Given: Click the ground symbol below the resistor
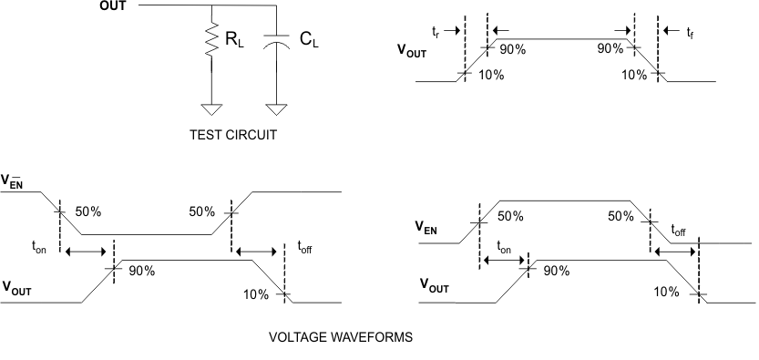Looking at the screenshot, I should point(211,110).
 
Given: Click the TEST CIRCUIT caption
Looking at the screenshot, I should point(232,134).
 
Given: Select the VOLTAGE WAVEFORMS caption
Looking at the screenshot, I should point(340,336).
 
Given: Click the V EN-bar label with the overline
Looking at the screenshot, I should point(15,180).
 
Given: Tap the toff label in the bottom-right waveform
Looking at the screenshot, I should point(680,231).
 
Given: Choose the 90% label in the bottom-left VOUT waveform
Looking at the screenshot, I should point(140,271).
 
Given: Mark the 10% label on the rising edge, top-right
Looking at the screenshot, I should point(489,74).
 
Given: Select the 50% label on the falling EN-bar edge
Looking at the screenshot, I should point(87,211).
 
